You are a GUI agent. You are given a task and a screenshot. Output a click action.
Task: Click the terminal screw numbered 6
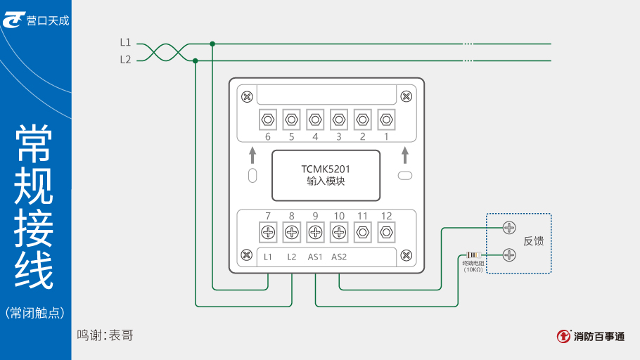pos(267,119)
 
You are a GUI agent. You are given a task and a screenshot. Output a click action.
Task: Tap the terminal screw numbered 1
pos(386,119)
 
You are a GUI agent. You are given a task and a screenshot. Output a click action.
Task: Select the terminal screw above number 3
pos(339,119)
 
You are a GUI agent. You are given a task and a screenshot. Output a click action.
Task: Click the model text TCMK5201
pos(326,169)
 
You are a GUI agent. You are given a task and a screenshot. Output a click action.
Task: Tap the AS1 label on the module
pos(315,257)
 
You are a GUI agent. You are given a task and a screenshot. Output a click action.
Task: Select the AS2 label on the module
pos(339,257)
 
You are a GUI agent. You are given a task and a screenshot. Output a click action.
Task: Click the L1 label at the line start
pos(125,43)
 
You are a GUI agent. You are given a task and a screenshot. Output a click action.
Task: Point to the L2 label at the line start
pos(125,60)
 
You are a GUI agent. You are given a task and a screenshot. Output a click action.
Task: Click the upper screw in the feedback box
pos(510,227)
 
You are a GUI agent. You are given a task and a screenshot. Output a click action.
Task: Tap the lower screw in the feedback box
pos(510,255)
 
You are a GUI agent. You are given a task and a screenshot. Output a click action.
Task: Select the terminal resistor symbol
pos(473,255)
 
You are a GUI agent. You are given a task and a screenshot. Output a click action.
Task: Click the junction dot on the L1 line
pos(212,44)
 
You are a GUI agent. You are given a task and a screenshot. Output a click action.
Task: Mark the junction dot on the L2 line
pos(196,60)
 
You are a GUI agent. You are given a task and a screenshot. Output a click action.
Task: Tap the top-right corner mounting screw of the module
pos(406,96)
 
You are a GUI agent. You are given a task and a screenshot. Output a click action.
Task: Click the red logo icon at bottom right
pos(563,337)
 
